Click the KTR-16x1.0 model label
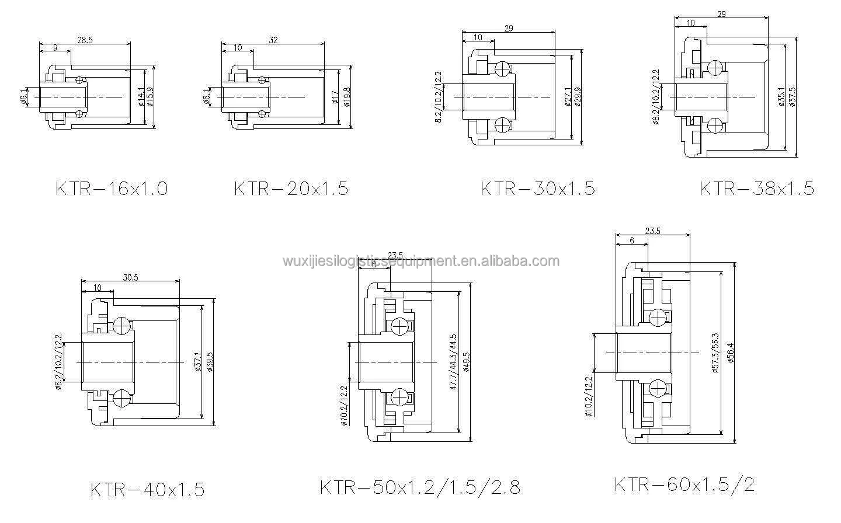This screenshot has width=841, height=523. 111,189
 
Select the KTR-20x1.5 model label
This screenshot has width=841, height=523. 291,189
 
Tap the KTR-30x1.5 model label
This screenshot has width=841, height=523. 537,189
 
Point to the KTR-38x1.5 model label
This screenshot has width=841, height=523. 756,189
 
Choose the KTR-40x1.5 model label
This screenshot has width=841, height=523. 147,489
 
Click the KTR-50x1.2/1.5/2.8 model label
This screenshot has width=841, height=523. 419,486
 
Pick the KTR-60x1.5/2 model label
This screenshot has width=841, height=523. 684,484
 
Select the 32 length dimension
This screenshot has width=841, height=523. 274,39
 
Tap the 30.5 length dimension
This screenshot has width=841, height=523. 130,278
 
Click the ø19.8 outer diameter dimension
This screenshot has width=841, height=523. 346,96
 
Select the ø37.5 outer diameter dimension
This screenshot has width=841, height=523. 793,96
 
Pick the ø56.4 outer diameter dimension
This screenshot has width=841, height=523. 731,352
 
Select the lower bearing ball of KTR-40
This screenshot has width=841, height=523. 122,398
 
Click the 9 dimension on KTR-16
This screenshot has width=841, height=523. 54,47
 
